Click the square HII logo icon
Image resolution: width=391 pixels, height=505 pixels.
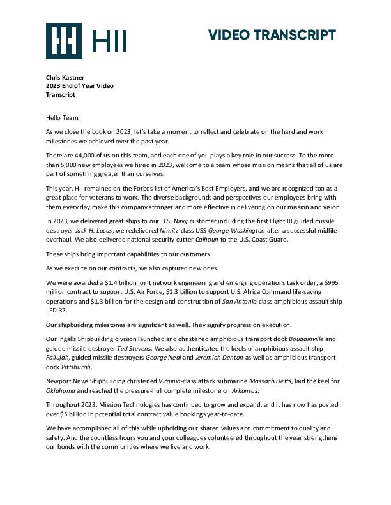pyautogui.click(x=63, y=40)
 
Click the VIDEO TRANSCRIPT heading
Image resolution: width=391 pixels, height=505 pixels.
pyautogui.click(x=272, y=35)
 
